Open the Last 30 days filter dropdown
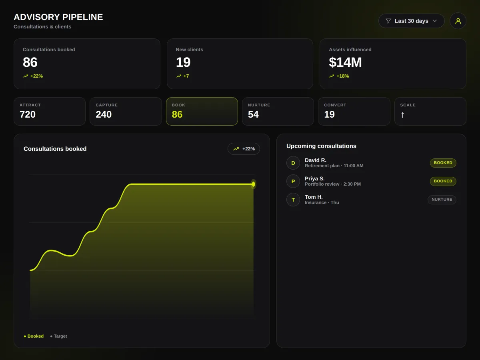(x=411, y=21)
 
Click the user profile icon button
(x=458, y=21)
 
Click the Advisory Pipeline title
(x=58, y=17)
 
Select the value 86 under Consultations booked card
(x=30, y=62)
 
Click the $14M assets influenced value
(x=345, y=62)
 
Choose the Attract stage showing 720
(x=50, y=112)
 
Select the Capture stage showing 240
(x=126, y=112)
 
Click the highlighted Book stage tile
(x=202, y=112)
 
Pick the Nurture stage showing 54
(x=278, y=112)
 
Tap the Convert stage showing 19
(x=354, y=112)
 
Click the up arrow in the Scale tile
(x=402, y=115)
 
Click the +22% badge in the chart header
(x=244, y=149)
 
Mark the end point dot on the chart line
(x=253, y=184)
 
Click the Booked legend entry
(x=34, y=336)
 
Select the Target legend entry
(x=59, y=336)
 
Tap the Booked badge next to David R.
(x=443, y=163)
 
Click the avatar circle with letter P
(x=293, y=182)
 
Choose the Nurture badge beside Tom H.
(x=442, y=200)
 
